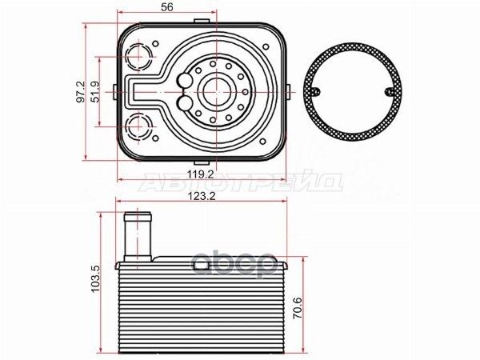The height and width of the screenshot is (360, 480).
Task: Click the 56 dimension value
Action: [167, 6]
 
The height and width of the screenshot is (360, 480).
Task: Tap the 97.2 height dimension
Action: [81, 92]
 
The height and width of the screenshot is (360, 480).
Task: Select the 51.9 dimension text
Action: [96, 92]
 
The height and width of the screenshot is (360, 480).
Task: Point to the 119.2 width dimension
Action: [201, 174]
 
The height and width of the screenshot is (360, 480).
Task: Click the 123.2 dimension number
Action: [202, 196]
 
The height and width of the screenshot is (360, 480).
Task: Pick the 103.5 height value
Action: [96, 278]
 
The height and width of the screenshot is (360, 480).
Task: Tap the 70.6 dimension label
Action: [298, 308]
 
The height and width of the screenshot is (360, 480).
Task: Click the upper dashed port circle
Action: [139, 57]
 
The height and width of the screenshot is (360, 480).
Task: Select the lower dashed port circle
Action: [139, 126]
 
